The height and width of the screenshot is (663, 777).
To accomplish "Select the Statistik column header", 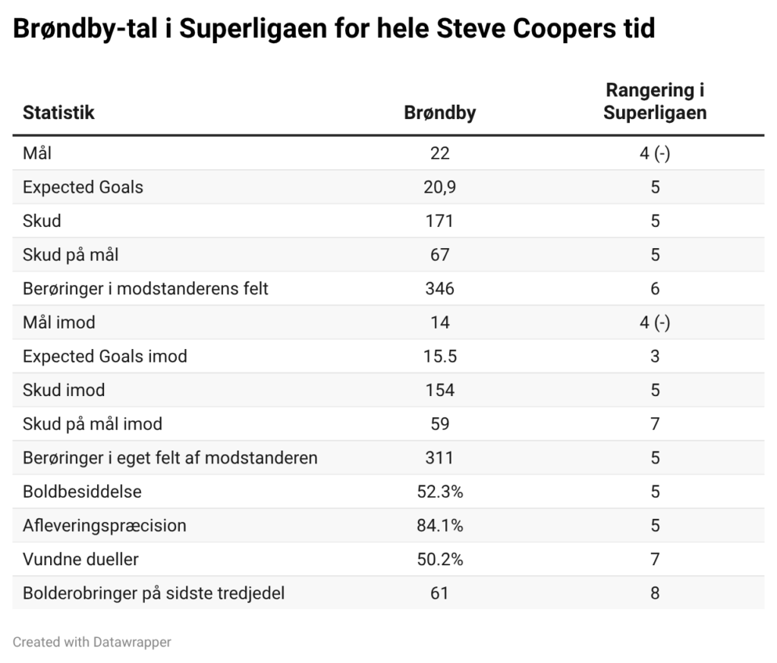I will click(x=58, y=113).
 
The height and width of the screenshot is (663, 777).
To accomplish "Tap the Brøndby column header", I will click(x=440, y=113).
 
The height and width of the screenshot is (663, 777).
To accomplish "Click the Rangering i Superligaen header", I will click(x=655, y=102).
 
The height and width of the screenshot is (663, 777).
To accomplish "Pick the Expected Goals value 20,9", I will click(x=440, y=187).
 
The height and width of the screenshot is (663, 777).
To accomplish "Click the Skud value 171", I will click(x=440, y=221).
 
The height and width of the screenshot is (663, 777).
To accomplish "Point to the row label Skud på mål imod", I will click(x=93, y=424).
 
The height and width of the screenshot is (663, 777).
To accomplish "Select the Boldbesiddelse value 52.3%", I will click(x=440, y=492).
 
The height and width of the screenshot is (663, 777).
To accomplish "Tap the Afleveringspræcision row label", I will click(x=105, y=526).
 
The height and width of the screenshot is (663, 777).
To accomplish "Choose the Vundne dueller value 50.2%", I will click(x=440, y=559).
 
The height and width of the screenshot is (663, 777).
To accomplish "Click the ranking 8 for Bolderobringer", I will click(x=655, y=593).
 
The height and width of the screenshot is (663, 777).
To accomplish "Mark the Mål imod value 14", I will click(x=440, y=322).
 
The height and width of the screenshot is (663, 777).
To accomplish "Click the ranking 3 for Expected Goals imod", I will click(x=655, y=357).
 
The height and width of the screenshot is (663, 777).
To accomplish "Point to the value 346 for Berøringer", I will click(x=440, y=288).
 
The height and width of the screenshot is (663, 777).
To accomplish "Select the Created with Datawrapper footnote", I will click(x=92, y=642).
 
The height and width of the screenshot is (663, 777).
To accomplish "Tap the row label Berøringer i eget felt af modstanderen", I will click(x=170, y=457).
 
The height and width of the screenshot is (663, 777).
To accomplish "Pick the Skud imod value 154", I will click(x=440, y=390).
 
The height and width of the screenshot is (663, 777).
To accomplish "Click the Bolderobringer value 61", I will click(x=440, y=593).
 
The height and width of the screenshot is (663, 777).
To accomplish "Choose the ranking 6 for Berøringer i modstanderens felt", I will click(x=655, y=288).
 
